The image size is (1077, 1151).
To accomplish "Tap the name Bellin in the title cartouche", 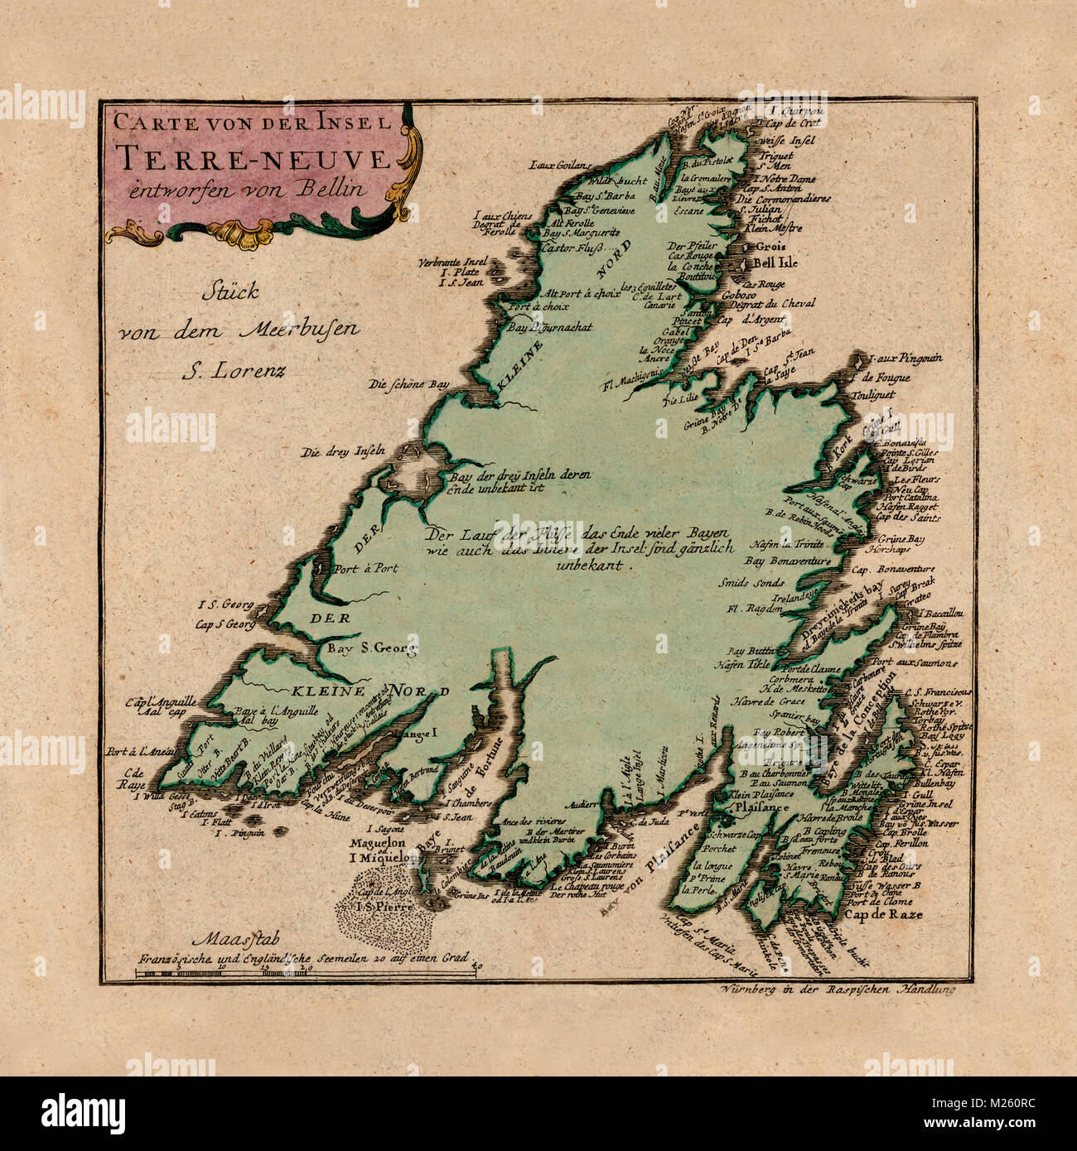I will click(x=336, y=188).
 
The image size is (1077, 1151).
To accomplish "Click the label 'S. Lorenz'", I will click(x=234, y=369).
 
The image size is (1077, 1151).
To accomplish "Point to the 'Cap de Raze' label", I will click(x=883, y=915).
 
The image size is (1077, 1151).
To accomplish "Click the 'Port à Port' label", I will click(x=365, y=569).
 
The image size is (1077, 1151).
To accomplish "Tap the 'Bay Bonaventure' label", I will click(x=788, y=561).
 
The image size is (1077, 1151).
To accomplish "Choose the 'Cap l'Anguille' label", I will click(x=161, y=701).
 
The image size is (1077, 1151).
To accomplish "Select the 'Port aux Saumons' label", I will click(x=915, y=663).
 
